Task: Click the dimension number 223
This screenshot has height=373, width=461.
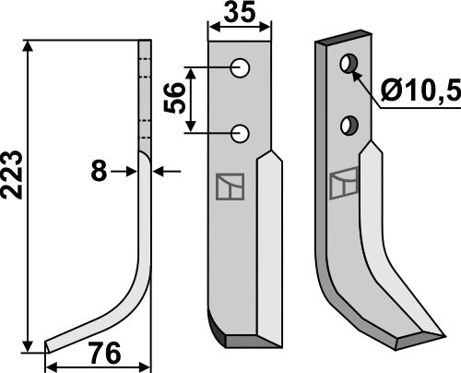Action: pos(12,174)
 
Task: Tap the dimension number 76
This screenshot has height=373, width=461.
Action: pos(104,354)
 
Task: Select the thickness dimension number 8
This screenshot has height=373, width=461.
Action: pos(99,172)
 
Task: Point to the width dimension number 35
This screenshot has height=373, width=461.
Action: pos(240,13)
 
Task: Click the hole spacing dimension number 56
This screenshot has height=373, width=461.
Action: pos(175,98)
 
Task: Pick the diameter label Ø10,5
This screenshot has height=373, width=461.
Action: pos(421,90)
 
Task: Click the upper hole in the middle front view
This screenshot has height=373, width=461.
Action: pos(240,67)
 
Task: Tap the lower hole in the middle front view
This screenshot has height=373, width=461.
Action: pos(240,133)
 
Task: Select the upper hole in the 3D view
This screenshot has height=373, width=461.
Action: pos(349,64)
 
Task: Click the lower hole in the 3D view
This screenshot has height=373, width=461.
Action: pos(349,126)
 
